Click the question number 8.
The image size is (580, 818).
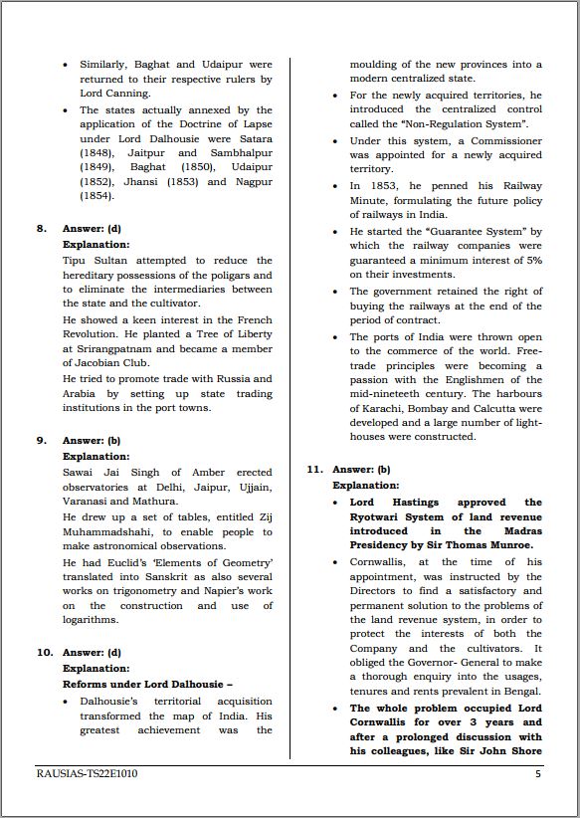click(x=41, y=228)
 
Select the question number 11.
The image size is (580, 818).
click(x=314, y=469)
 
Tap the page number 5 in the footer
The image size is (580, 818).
click(x=538, y=773)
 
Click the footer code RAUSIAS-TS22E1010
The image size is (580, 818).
click(x=87, y=773)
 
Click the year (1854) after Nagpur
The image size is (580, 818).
click(x=97, y=196)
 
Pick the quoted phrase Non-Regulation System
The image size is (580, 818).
click(x=465, y=123)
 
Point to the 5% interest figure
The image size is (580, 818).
click(x=533, y=259)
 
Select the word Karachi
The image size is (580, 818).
click(x=387, y=408)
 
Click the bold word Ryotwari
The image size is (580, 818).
click(x=376, y=516)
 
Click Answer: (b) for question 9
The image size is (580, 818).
click(x=92, y=440)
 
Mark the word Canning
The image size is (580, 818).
click(x=129, y=94)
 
